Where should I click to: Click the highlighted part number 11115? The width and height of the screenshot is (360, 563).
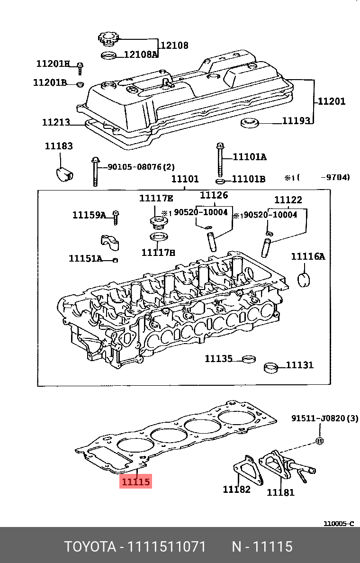pos(136,482)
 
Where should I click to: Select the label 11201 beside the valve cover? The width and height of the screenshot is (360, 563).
pos(331,101)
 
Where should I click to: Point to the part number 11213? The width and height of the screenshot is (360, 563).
pos(56,122)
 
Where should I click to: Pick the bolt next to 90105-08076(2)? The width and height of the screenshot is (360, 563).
pos(95,172)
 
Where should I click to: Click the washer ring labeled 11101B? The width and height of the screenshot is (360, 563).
pos(220,181)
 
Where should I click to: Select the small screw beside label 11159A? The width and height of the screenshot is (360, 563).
pos(115,218)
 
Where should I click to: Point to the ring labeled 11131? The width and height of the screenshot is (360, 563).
pos(271,368)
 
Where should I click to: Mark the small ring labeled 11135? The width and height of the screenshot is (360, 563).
pos(248,360)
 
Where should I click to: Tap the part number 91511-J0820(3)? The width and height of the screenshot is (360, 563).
pos(324,418)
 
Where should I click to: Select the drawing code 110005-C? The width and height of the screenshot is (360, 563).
pos(338,524)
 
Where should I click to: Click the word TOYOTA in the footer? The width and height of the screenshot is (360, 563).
pos(90,547)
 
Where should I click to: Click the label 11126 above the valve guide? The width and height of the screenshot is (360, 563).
pos(214,195)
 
